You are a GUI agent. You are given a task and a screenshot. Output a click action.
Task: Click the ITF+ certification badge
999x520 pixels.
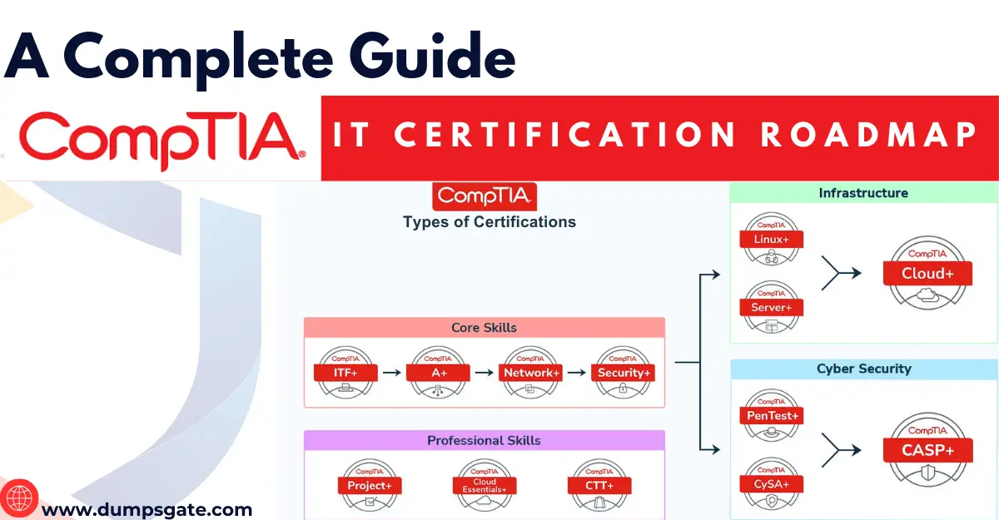point(345,374)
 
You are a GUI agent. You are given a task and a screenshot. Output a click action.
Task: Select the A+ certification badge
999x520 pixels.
point(439,374)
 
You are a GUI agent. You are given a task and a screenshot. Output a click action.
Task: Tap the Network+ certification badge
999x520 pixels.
point(531,374)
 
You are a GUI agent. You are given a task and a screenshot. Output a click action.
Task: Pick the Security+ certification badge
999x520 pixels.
point(624,374)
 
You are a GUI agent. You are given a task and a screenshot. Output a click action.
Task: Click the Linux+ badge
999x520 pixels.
point(772,240)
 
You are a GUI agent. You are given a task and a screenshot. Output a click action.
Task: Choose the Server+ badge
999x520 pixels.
point(772,307)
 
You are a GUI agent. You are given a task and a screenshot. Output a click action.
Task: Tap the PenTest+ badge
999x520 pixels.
point(772,415)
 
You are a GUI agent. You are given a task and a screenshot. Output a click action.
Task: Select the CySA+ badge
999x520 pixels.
point(772,483)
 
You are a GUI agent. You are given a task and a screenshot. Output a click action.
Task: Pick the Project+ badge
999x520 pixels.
point(370,485)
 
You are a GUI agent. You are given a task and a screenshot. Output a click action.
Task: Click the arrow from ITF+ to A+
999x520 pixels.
point(391,374)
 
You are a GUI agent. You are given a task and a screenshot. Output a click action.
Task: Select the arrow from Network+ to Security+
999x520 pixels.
point(577,374)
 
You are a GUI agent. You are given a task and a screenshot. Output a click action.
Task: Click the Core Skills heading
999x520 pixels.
point(484,328)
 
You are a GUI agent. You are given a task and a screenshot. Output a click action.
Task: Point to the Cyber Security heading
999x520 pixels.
point(863,369)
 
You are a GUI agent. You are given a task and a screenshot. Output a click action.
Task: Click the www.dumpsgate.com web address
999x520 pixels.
point(147,509)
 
